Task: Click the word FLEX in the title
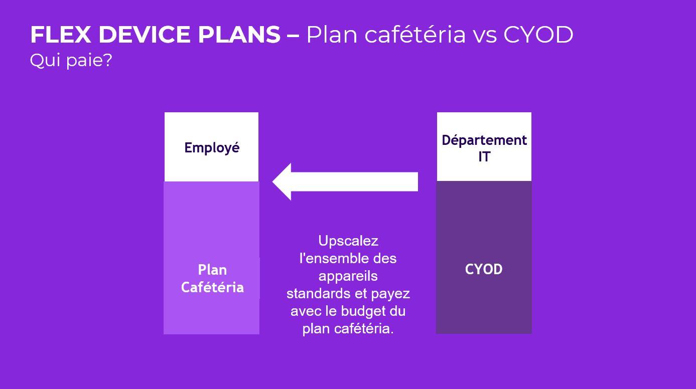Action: click(x=61, y=35)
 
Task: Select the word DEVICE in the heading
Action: click(x=145, y=35)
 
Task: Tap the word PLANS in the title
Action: click(x=239, y=35)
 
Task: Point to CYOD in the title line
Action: click(x=538, y=35)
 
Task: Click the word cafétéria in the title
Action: click(x=415, y=34)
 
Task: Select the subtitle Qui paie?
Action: click(x=71, y=60)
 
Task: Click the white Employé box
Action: click(x=211, y=147)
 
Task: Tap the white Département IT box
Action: click(x=484, y=147)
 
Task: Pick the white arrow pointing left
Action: click(x=345, y=181)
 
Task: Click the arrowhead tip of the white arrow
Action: click(x=272, y=181)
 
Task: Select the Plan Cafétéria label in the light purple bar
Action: click(x=213, y=279)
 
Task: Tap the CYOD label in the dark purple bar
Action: click(x=484, y=269)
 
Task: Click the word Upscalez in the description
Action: click(x=348, y=241)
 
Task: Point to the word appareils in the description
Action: click(x=348, y=276)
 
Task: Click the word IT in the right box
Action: click(x=484, y=157)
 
